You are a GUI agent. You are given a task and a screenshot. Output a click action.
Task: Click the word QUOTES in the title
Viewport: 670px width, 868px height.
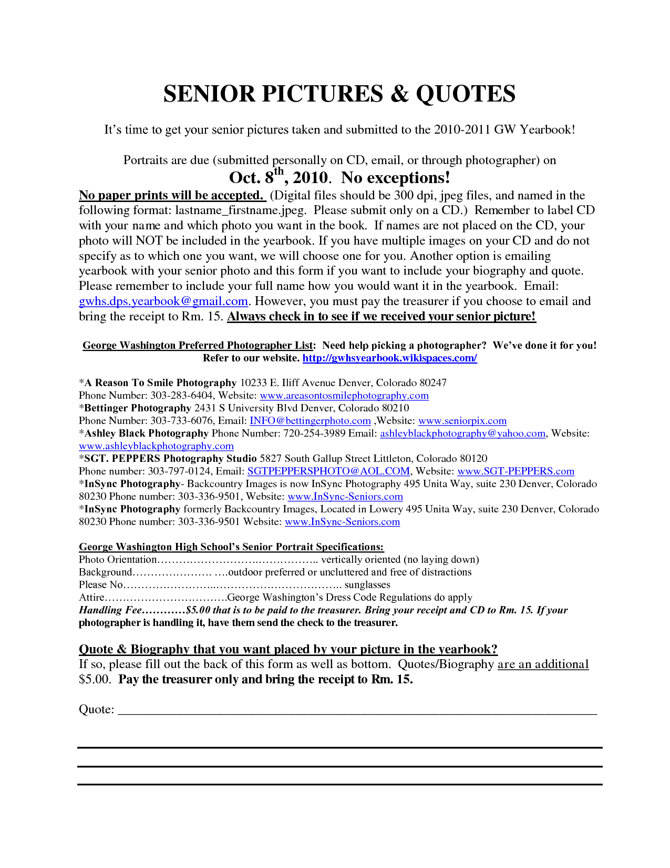[466, 94]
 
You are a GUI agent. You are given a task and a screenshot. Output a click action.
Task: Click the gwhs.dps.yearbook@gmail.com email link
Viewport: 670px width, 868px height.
[163, 301]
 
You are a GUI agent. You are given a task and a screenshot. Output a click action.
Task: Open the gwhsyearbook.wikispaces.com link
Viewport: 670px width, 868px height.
[389, 358]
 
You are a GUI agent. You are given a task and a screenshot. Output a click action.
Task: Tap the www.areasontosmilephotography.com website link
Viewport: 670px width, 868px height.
[344, 396]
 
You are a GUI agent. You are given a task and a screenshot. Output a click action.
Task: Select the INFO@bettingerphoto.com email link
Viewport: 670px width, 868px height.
[310, 421]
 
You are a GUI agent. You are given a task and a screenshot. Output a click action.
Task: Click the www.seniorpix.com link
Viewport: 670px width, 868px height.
[462, 421]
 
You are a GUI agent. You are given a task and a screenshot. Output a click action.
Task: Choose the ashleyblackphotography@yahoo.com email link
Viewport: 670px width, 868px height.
[462, 433]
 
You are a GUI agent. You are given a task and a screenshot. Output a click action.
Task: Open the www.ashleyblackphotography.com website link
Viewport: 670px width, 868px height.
[156, 446]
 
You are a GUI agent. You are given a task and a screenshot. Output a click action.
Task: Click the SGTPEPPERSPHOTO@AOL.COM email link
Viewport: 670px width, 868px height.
[328, 471]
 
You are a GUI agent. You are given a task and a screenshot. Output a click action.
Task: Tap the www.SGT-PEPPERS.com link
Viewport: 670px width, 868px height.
[516, 471]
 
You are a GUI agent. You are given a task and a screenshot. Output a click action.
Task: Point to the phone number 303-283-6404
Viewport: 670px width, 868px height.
[182, 396]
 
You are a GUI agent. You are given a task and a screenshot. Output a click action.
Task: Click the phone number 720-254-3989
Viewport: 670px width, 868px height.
[314, 433]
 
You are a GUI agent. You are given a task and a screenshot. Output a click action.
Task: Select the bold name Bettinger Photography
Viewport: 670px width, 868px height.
[138, 408]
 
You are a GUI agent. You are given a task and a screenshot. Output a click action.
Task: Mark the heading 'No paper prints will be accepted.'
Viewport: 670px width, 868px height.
[171, 196]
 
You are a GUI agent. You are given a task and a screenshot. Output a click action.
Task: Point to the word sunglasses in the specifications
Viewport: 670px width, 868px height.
[367, 585]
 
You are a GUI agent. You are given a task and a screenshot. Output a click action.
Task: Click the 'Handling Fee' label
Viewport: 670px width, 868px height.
[110, 610]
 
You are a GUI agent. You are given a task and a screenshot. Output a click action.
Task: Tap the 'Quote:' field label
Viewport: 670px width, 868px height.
[96, 710]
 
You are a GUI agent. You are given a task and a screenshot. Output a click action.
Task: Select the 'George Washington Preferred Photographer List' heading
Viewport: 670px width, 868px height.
[198, 346]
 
